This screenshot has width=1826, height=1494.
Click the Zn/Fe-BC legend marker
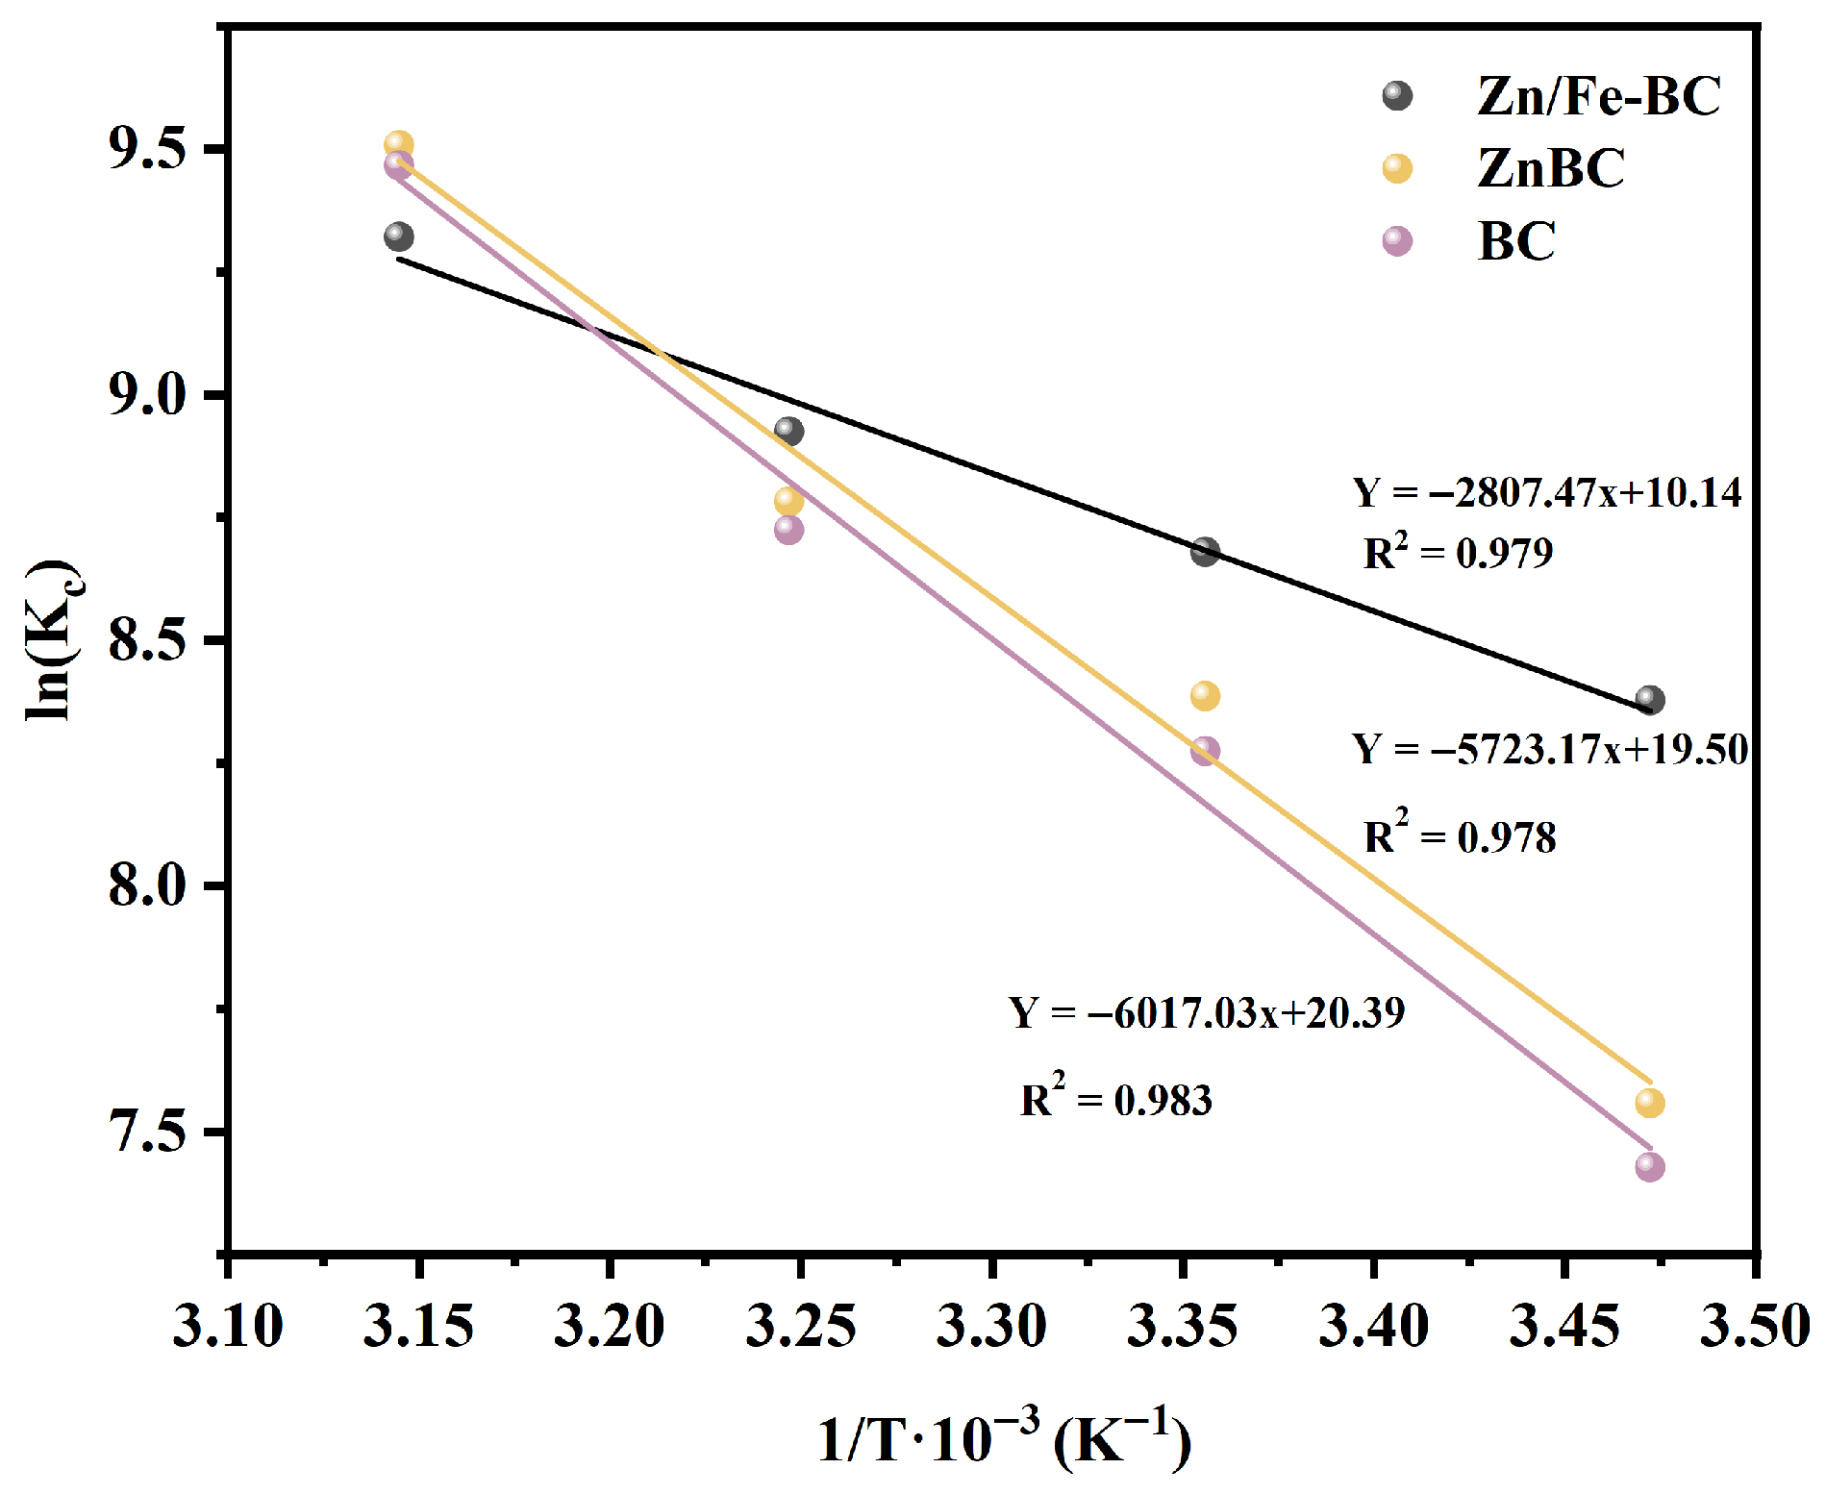pos(1397,96)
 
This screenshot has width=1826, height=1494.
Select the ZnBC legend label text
pos(1550,168)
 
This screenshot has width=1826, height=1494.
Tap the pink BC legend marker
pos(1397,240)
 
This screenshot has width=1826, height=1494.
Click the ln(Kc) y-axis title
pos(53,639)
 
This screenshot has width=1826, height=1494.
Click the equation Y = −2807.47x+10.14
pos(1547,493)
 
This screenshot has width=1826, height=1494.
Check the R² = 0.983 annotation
pos(1116,1098)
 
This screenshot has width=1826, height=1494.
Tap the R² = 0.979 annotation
pos(1458,552)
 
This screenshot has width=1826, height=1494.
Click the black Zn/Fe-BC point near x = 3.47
pos(1649,700)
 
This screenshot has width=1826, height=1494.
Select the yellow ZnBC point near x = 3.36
pos(1205,696)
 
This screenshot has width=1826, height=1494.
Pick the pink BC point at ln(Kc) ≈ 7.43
pos(1649,1167)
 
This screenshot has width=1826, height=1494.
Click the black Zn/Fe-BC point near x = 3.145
pos(398,237)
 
